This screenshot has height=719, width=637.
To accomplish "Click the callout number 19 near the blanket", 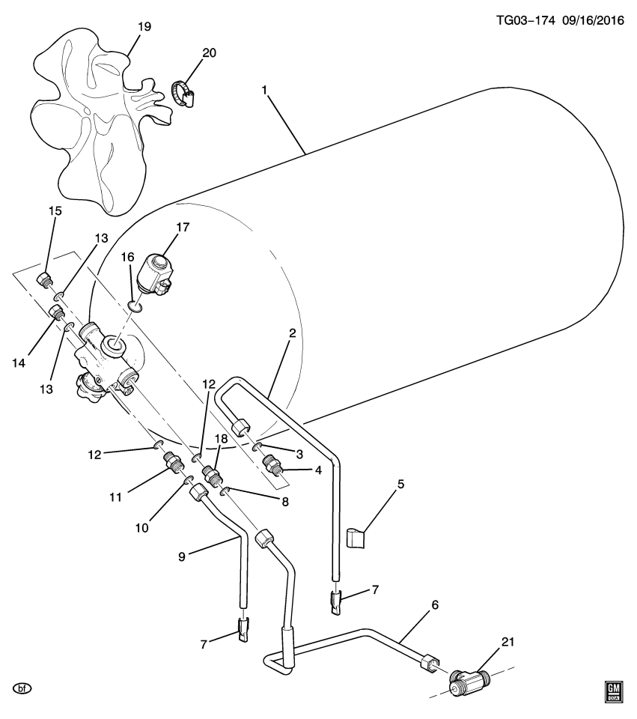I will click(x=144, y=27).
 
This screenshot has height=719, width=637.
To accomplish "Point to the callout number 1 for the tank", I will click(x=264, y=90).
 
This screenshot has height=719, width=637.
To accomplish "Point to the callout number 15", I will click(x=55, y=211).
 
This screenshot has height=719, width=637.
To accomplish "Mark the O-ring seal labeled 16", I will click(x=135, y=306).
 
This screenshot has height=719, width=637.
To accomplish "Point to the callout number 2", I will click(x=292, y=333).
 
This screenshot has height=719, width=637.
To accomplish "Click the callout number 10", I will click(x=142, y=528).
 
